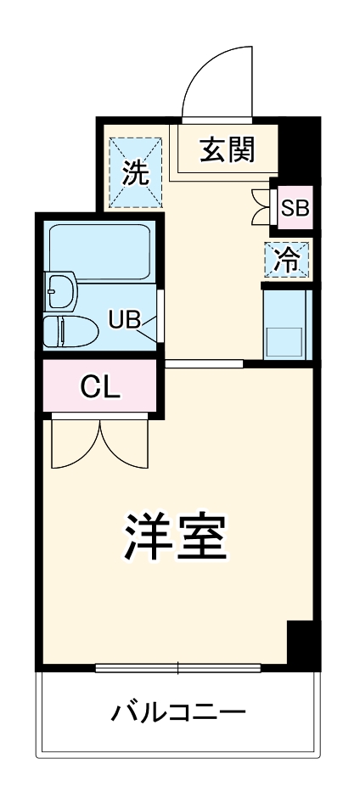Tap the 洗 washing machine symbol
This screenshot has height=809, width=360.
(135, 173)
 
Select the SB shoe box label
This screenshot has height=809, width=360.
(295, 206)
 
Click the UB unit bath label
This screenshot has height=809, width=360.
(123, 319)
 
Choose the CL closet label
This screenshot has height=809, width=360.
(101, 386)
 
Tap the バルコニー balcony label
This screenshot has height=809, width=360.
(178, 711)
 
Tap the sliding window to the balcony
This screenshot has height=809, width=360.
(177, 667)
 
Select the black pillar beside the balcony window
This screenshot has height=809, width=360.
(300, 643)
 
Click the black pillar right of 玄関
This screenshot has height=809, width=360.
(299, 143)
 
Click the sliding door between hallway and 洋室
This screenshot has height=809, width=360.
(204, 364)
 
